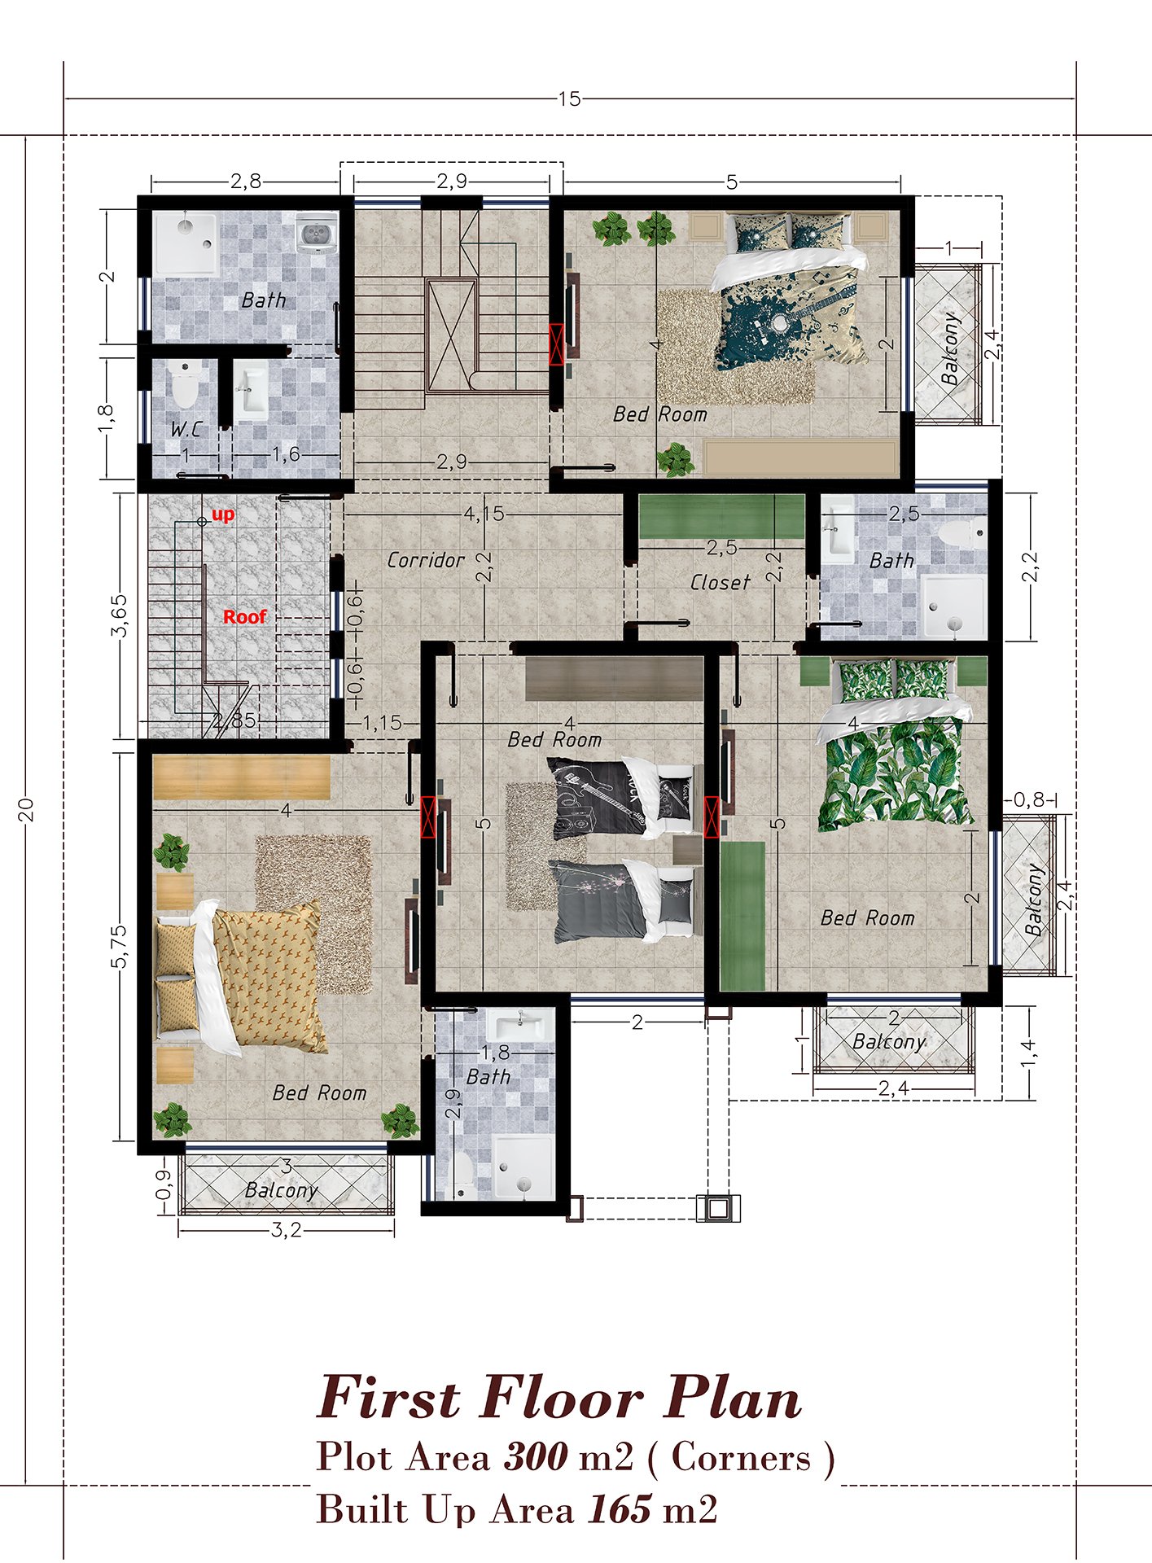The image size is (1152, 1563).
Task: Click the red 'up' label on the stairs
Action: pos(223,514)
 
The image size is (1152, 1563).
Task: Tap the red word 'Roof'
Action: pos(245,617)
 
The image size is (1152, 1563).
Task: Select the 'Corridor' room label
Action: pos(426,560)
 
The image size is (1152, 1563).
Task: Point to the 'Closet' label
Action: pos(720,583)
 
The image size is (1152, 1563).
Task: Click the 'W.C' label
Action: pos(186,429)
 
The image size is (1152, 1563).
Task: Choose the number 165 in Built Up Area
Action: pos(619,1508)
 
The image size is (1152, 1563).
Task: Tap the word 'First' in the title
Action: pos(389,1398)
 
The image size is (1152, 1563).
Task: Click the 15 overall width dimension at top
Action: pos(569,99)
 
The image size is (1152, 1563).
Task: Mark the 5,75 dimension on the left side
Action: pos(120,947)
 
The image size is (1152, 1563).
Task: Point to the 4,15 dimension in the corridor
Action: pos(484,514)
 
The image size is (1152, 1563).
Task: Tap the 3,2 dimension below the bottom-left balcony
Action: pos(286,1230)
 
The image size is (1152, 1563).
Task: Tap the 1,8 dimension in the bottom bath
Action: pos(495,1053)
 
